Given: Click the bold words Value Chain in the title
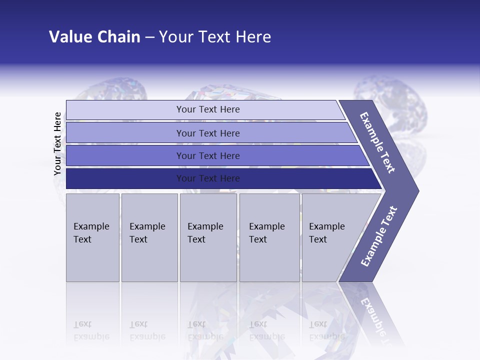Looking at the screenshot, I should coord(94,37).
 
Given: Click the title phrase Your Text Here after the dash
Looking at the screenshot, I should coord(215,37).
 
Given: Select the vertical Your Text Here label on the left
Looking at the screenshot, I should coord(58,143).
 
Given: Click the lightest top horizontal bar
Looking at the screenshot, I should coord(207,109).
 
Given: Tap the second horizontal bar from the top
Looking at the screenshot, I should coord(207,133).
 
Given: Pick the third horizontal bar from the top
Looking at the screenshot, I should coord(207,155).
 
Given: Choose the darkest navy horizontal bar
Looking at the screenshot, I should coord(207,178).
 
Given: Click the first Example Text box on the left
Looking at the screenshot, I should coord(92,237).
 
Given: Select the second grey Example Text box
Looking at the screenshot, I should coord(149,237).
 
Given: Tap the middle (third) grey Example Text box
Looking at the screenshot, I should coord(208,237).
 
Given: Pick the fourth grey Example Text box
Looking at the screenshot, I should coord(269,237).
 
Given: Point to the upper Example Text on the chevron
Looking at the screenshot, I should coord(377,142).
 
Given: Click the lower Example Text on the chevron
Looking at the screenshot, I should coord(378,236).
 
